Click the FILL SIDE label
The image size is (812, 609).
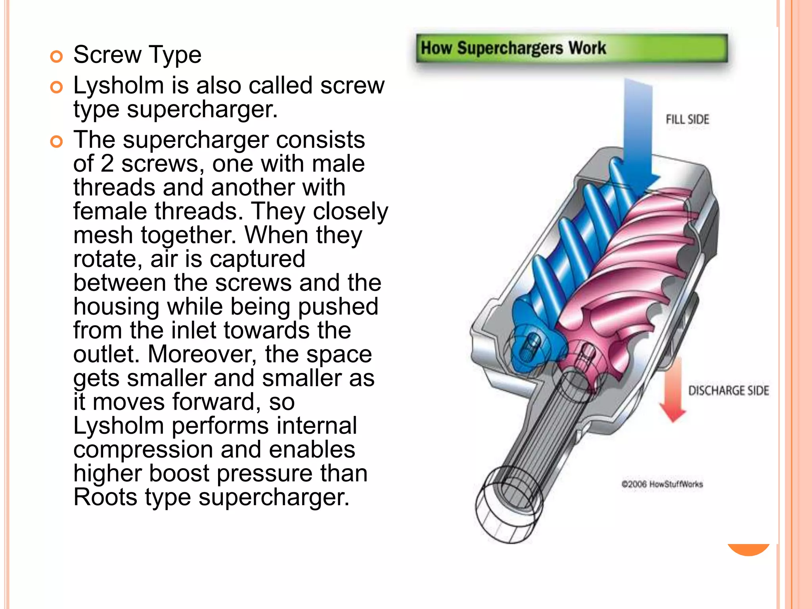(x=687, y=119)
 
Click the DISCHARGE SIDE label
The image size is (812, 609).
(x=728, y=391)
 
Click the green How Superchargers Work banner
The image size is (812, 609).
(x=571, y=48)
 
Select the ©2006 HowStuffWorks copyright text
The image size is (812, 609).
(x=662, y=484)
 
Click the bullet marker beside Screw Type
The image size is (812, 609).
(x=57, y=56)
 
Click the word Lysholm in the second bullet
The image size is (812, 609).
(x=119, y=86)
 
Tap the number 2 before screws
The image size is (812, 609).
(x=107, y=164)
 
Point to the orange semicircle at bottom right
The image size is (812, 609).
(x=749, y=549)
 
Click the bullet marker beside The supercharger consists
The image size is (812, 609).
(x=57, y=142)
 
